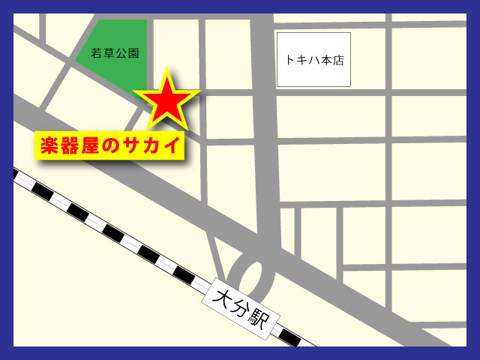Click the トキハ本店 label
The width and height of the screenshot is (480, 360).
click(314, 61)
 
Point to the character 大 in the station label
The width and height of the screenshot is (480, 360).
click(223, 295)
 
